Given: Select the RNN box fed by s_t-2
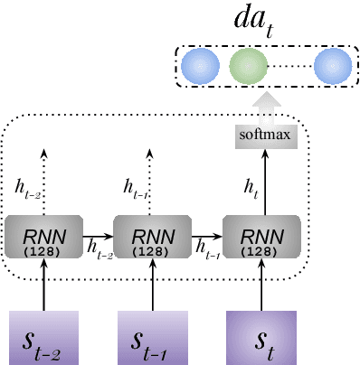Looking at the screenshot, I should pyautogui.click(x=43, y=239).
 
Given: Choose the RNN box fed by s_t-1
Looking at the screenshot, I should pyautogui.click(x=151, y=239).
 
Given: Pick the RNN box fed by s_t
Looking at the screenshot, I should pyautogui.click(x=263, y=239).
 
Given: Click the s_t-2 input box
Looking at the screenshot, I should pyautogui.click(x=43, y=336).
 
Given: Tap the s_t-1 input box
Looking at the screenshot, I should pyautogui.click(x=153, y=336).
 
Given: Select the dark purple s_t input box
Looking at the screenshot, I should pyautogui.click(x=263, y=336).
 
